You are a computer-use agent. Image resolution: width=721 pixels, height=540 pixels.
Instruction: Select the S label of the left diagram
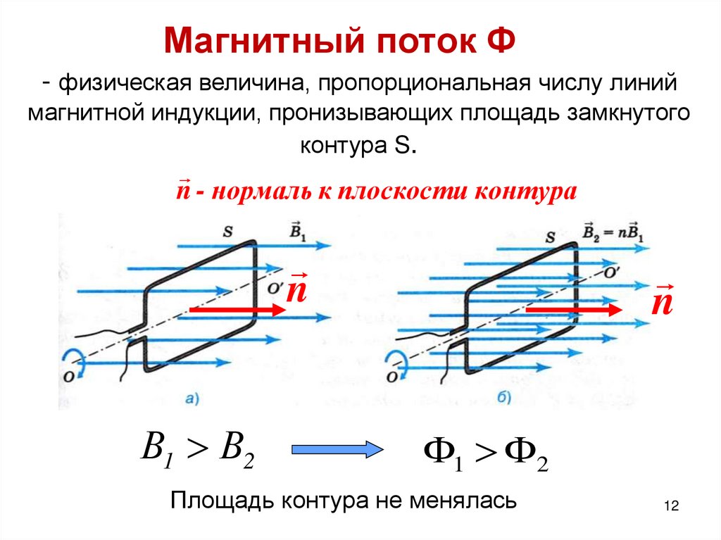(228, 230)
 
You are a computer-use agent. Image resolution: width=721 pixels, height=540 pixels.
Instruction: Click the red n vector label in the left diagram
(296, 290)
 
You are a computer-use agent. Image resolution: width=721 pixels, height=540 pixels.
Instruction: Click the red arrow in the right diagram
(574, 309)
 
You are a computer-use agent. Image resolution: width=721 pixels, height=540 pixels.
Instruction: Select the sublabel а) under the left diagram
(192, 400)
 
